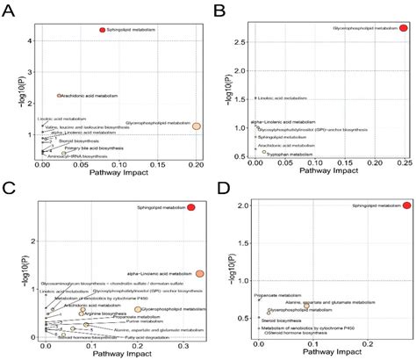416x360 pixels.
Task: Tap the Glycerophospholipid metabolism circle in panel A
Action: click(197, 126)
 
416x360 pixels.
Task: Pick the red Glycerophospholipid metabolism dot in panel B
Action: click(403, 28)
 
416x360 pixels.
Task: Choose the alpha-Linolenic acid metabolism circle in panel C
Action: click(200, 274)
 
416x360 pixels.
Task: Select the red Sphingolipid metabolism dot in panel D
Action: click(406, 205)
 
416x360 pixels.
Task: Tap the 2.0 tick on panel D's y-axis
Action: click(241, 205)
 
